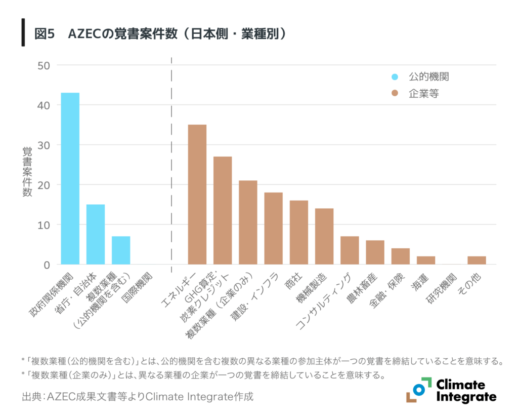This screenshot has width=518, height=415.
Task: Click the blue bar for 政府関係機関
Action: tap(70, 178)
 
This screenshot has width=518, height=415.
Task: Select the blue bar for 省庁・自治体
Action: tap(95, 234)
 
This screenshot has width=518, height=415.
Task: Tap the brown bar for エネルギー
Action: tap(197, 194)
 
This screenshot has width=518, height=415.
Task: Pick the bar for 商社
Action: tap(298, 232)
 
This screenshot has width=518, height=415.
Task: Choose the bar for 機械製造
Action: tap(324, 236)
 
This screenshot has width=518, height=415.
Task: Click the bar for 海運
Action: tap(425, 260)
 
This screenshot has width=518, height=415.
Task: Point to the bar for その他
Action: tap(477, 260)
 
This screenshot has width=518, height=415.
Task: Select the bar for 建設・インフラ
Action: tap(273, 228)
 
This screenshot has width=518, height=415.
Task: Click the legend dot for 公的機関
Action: tap(395, 77)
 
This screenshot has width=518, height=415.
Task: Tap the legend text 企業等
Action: tap(423, 94)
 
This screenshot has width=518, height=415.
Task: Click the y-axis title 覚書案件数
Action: tap(27, 172)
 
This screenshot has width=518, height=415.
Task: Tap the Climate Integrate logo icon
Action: tap(418, 390)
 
